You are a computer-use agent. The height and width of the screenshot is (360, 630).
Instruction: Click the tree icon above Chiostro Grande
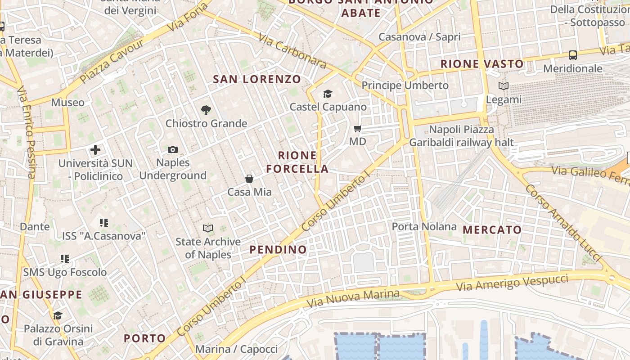point(206,110)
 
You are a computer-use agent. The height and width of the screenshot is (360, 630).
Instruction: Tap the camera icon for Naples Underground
point(173,149)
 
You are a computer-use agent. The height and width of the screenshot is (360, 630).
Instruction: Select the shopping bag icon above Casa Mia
point(249,179)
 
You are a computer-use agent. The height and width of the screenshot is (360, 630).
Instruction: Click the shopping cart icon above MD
point(358,129)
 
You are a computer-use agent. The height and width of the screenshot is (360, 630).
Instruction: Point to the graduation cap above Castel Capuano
point(328,94)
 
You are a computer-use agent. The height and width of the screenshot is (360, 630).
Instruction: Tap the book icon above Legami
point(504,86)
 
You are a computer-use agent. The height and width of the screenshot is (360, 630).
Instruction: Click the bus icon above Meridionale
point(572,55)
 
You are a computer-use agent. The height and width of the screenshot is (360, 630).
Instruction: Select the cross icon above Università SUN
point(95,149)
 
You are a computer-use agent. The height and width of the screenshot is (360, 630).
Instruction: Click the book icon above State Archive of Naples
point(207,228)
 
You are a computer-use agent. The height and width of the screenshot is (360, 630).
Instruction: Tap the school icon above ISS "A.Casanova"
point(104,222)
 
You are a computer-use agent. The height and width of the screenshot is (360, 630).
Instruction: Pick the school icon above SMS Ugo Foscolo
point(65,259)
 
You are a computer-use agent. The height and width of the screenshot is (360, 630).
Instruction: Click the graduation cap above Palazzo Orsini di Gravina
point(58,315)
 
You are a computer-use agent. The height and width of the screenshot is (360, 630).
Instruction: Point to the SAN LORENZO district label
point(257,80)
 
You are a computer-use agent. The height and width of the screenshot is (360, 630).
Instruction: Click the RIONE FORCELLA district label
point(297,162)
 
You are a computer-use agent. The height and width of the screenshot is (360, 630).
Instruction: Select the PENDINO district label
point(278,249)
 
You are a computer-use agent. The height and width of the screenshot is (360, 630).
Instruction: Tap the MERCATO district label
point(492,230)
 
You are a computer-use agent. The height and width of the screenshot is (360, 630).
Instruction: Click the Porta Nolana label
point(424,226)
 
